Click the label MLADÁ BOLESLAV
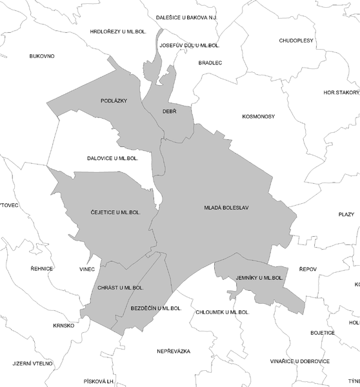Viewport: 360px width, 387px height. tap(226, 208)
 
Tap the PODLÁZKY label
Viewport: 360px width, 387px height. tap(114, 101)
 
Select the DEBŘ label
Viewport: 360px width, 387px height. tap(169, 112)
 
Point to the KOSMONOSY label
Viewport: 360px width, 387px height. tap(259, 117)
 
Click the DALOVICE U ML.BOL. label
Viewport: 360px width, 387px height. tap(113, 158)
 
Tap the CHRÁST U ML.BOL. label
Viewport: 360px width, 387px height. tap(120, 287)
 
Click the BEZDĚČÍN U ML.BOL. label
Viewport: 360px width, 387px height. tap(156, 308)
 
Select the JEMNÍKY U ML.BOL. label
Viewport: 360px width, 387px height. tap(259, 278)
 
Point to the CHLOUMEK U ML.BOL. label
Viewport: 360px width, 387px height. tap(222, 312)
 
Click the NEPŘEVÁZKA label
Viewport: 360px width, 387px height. tap(174, 351)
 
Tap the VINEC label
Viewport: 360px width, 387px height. tap(87, 269)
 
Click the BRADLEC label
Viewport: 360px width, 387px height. tap(210, 63)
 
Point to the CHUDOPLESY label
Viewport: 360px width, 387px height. tap(296, 40)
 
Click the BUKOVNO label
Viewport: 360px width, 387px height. tap(42, 56)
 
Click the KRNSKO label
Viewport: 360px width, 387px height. tap(64, 325)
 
